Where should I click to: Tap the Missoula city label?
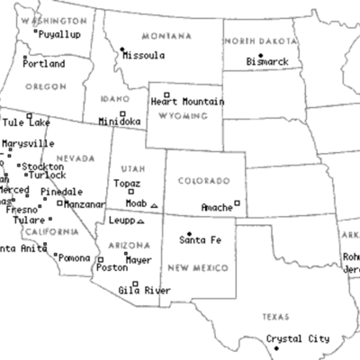tap(143, 56)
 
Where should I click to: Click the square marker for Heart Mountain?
tap(166, 94)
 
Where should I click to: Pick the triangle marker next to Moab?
tap(155, 206)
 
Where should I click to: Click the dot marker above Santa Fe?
tap(189, 232)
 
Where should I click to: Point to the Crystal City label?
tap(300, 339)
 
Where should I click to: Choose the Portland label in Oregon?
tap(43, 65)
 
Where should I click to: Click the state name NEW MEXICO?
tap(198, 267)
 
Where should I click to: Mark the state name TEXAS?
tap(275, 318)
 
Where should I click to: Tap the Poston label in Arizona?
tap(112, 267)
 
